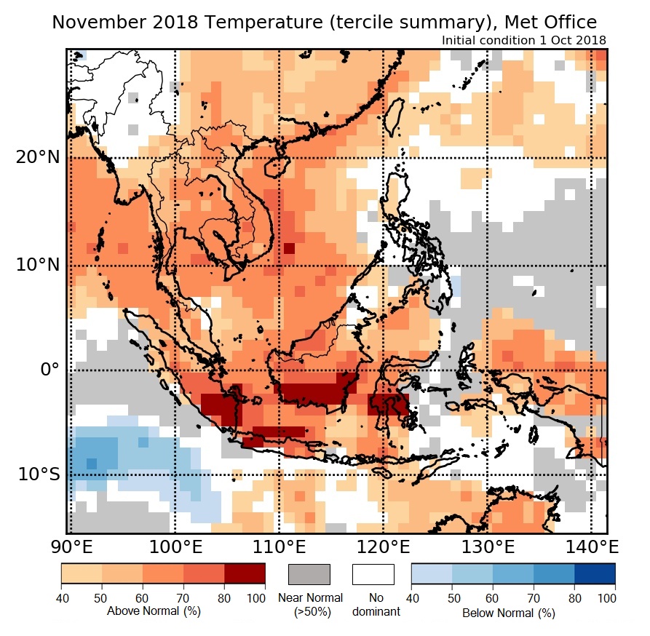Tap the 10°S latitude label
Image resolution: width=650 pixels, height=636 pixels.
point(36,474)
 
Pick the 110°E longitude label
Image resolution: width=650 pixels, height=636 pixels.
point(278,546)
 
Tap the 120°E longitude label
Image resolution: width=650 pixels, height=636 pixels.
point(382,546)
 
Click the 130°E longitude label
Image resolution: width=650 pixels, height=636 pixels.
point(486,546)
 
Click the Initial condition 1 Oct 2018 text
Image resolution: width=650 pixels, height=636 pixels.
point(523,40)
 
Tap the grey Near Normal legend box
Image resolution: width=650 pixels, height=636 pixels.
point(309,574)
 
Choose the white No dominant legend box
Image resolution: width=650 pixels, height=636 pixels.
point(373,574)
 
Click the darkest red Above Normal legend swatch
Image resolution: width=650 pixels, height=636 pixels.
point(245,574)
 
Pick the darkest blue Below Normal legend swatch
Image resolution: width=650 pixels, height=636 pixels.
point(595,574)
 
